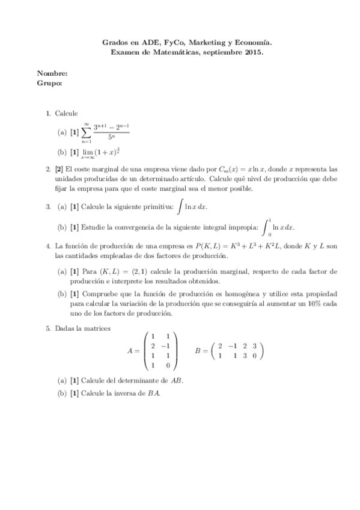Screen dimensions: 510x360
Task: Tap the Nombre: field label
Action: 52,73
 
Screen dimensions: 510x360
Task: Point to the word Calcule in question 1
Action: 66,113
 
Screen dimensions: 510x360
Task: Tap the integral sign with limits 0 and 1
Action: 266,227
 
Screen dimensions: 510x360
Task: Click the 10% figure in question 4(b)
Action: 313,304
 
